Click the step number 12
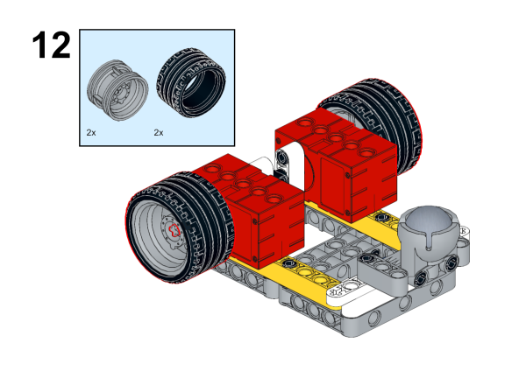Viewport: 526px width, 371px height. tap(52, 45)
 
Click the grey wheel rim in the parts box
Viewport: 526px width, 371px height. tap(117, 90)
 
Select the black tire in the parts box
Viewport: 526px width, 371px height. tap(191, 82)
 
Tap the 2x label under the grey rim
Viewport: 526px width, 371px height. tap(91, 133)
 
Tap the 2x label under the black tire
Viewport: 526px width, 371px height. tap(159, 133)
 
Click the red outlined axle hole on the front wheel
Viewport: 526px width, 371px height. tap(174, 230)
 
